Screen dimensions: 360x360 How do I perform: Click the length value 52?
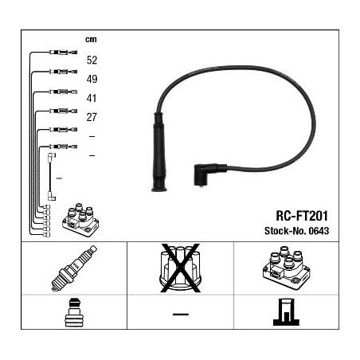tap(92, 61)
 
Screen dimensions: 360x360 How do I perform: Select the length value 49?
tap(92, 79)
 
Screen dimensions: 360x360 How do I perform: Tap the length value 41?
tap(92, 98)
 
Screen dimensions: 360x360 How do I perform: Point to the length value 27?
tap(92, 117)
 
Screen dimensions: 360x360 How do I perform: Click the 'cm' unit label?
tap(91, 40)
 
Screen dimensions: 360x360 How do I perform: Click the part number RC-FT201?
tap(302, 216)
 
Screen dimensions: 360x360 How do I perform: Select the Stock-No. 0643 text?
tap(296, 231)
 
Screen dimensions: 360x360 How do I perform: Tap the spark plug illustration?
tap(74, 268)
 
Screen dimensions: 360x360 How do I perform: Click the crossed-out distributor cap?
tap(180, 268)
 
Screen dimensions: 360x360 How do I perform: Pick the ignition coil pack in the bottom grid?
tap(286, 268)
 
